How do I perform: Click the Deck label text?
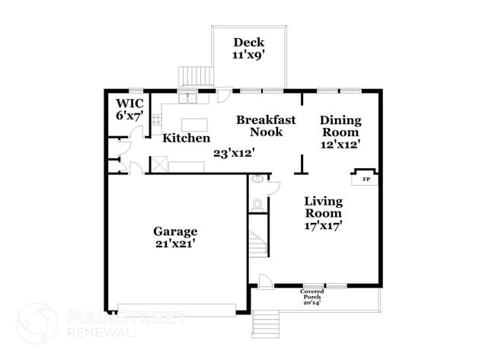click(x=249, y=43)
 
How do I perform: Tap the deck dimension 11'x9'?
click(x=249, y=56)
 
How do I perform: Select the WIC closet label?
click(x=129, y=104)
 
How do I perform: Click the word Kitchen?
click(x=187, y=139)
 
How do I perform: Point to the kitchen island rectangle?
click(x=194, y=125)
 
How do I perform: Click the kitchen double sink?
click(x=187, y=98)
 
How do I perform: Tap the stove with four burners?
click(x=156, y=119)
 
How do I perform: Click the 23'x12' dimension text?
click(x=233, y=152)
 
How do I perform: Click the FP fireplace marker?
click(x=366, y=180)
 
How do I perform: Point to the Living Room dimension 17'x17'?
click(x=323, y=225)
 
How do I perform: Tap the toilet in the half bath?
click(x=257, y=204)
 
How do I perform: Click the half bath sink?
click(x=258, y=180)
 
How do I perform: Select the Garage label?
click(x=175, y=231)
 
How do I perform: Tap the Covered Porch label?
click(x=311, y=294)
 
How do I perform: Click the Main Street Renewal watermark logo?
click(x=37, y=323)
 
